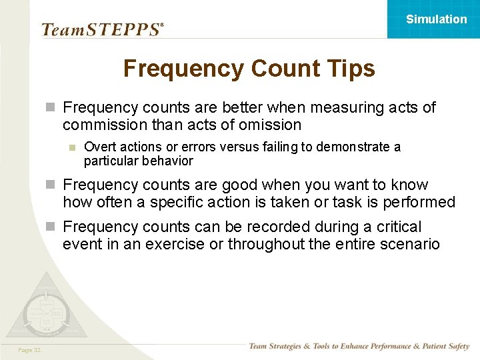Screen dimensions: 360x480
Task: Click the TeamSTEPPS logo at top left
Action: (x=102, y=29)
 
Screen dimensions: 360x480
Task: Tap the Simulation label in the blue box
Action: (x=437, y=19)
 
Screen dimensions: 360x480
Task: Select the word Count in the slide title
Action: (x=281, y=69)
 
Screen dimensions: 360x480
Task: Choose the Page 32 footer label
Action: (x=30, y=351)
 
